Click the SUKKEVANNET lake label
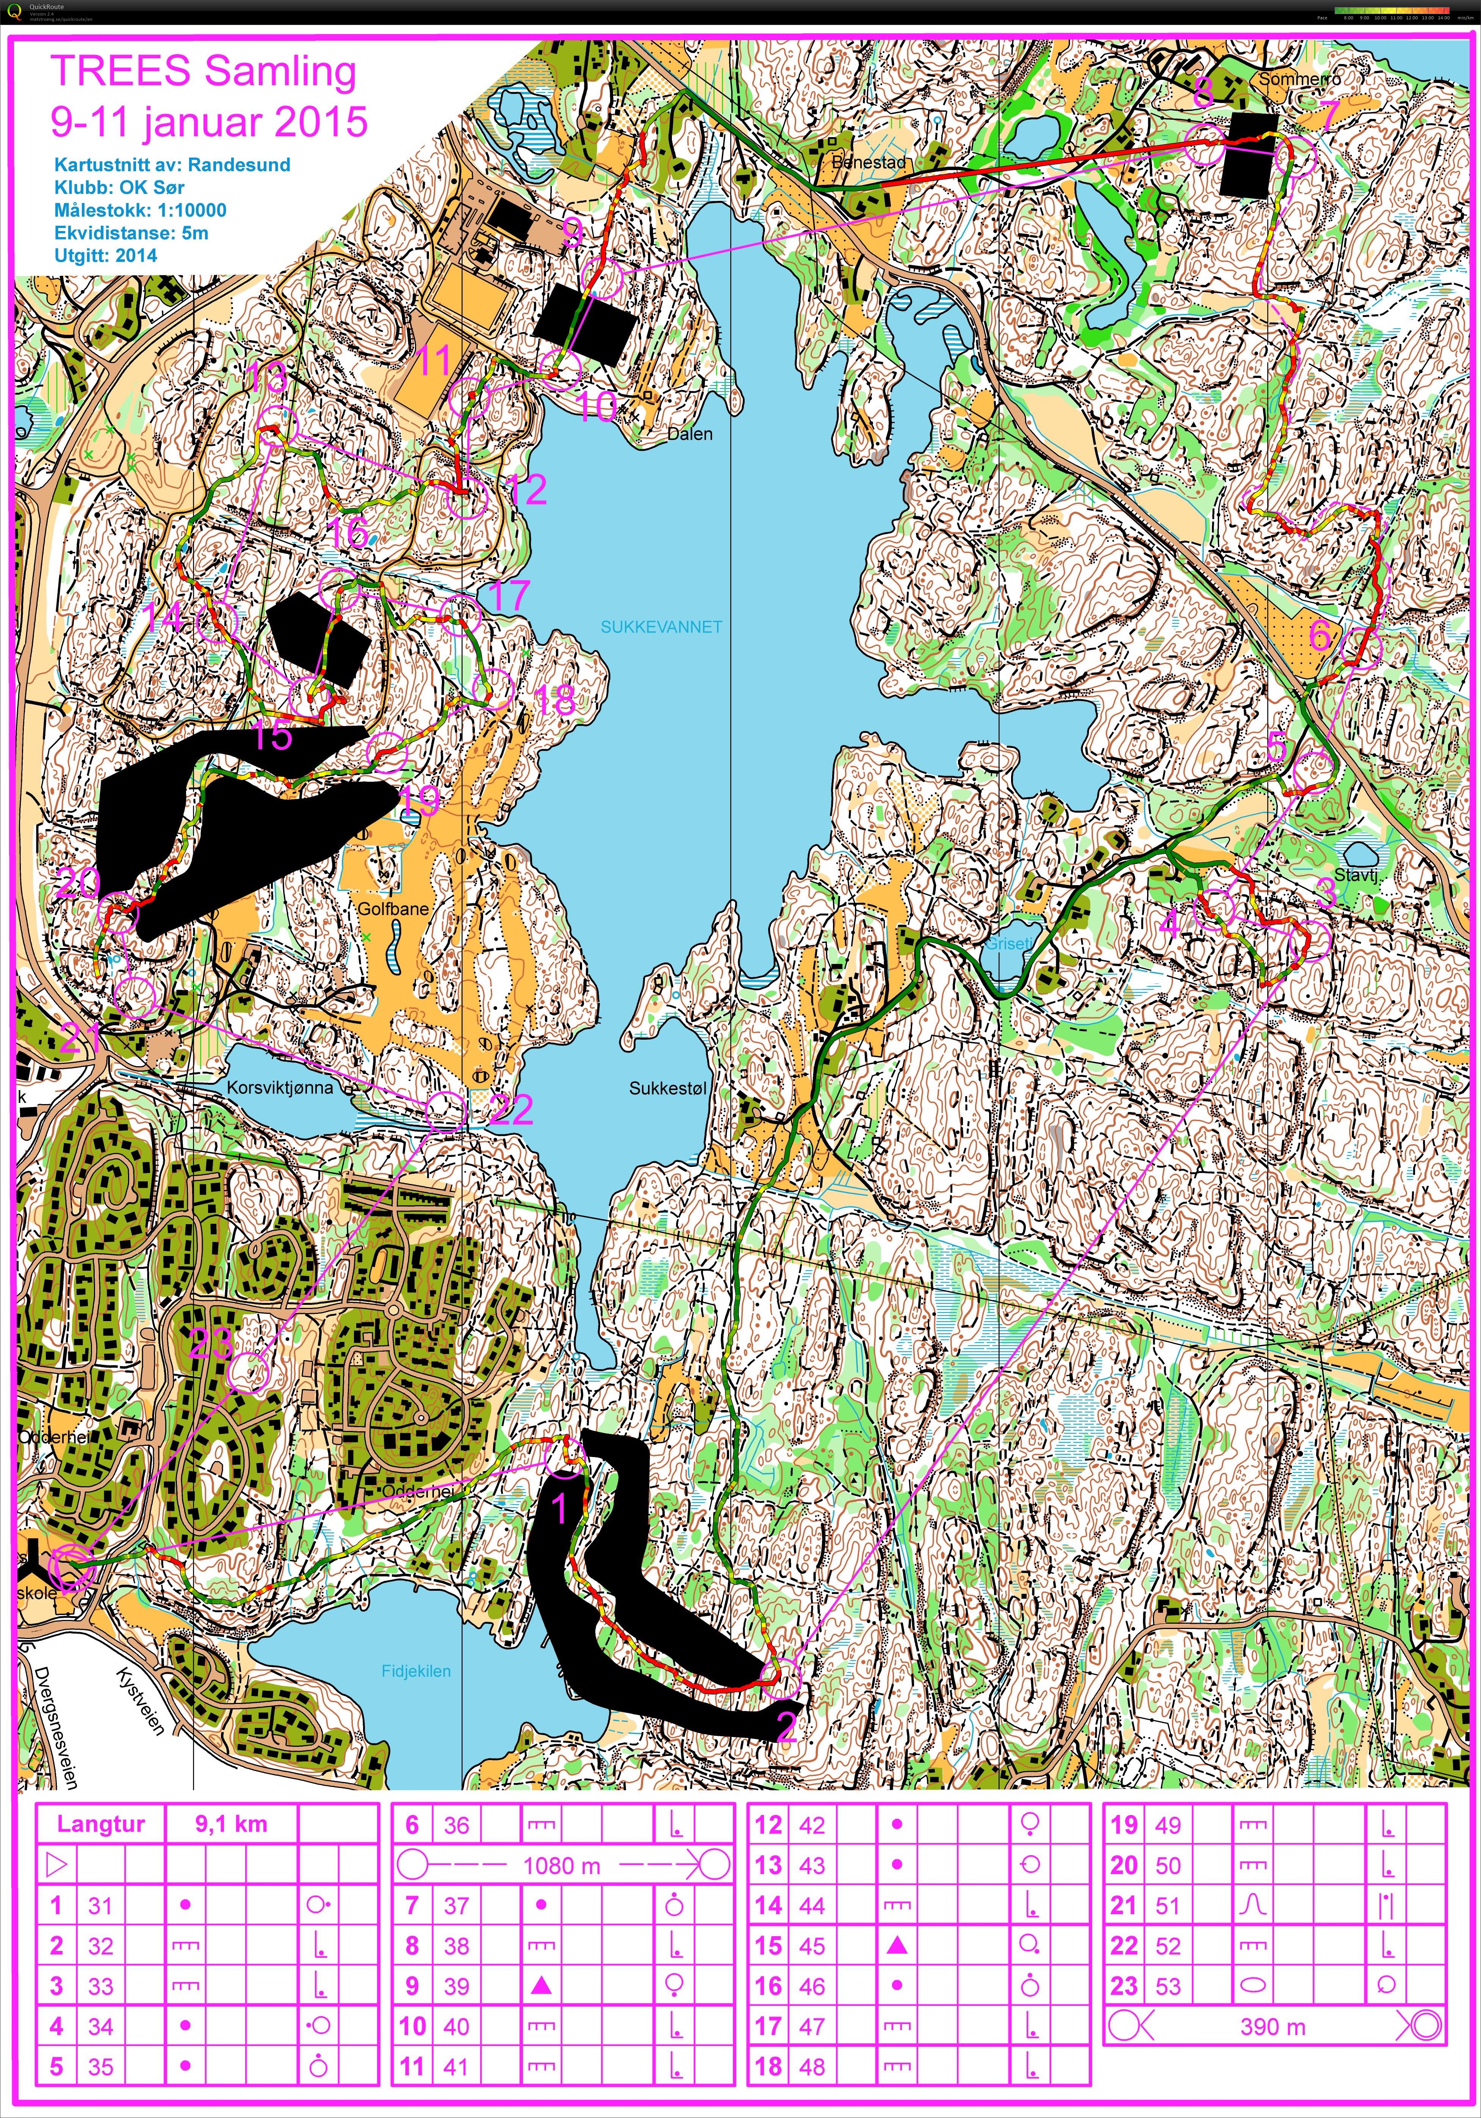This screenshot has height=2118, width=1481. [661, 627]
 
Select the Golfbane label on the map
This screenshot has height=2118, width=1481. [393, 909]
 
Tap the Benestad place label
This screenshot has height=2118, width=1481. [868, 162]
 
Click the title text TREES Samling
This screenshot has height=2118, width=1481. [203, 72]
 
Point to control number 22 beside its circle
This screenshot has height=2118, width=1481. [511, 1110]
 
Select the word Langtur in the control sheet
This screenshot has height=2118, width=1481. [100, 1824]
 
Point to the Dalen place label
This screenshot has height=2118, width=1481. [689, 434]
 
